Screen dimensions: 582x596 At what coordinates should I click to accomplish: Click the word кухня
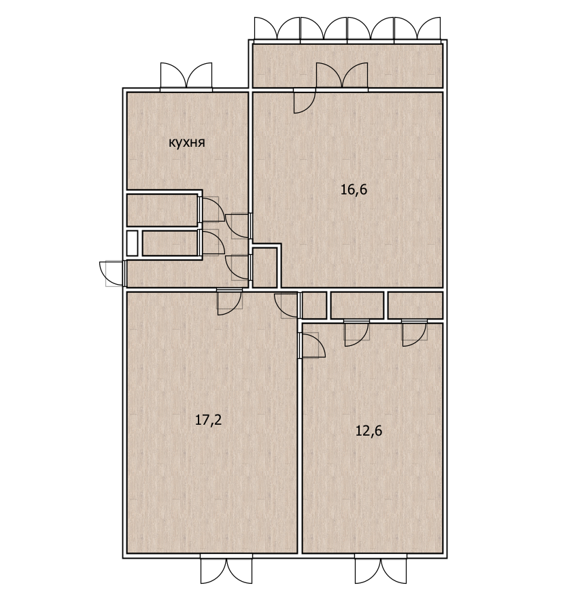point(186,143)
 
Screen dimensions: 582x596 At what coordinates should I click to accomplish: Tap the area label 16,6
point(354,189)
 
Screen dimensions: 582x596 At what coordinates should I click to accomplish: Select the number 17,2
point(209,419)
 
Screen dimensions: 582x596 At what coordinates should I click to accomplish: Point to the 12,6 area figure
point(369,431)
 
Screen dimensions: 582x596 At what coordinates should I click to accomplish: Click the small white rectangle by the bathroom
point(132,243)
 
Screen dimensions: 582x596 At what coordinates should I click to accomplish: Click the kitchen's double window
point(186,76)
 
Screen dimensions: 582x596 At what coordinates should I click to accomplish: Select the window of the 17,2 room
point(226,568)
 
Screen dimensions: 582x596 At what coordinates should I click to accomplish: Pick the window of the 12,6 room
point(381,568)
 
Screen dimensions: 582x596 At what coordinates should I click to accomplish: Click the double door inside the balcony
point(342,75)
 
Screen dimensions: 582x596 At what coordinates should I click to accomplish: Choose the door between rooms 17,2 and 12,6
point(313,345)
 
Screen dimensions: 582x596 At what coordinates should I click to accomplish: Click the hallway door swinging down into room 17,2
point(230,302)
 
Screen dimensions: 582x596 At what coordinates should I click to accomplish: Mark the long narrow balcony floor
point(347,66)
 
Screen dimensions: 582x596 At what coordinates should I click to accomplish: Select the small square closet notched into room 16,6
point(264,268)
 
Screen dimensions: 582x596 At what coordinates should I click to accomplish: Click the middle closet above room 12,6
point(357,305)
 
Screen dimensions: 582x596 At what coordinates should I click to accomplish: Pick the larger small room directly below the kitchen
point(162,210)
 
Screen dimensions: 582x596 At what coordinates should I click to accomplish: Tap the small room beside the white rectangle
point(170,243)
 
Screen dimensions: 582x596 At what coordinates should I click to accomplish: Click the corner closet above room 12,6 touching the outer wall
point(415,305)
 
